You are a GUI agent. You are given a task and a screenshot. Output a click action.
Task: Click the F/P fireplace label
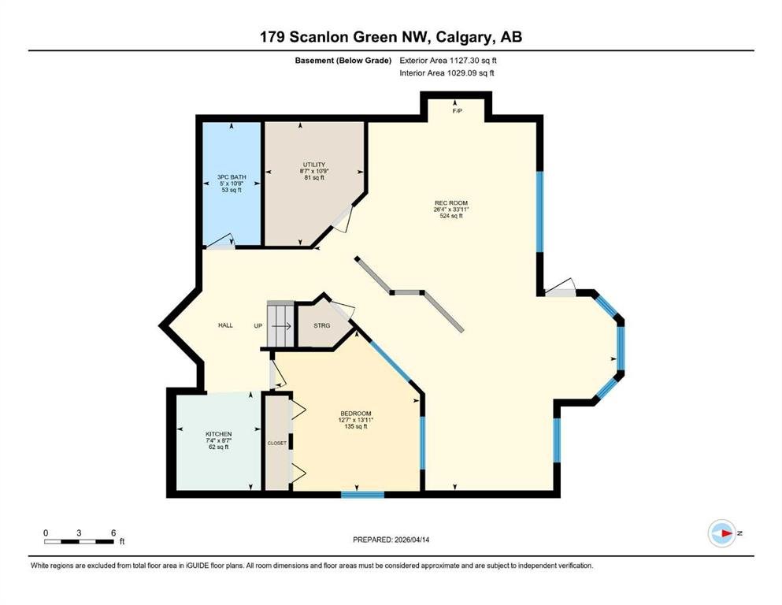457,111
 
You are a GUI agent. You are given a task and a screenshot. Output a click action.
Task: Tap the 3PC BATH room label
232,177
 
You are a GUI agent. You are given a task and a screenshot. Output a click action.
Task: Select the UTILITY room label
314,165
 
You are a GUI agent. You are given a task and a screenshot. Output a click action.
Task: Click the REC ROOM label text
450,203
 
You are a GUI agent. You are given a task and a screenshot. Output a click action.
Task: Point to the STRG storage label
321,325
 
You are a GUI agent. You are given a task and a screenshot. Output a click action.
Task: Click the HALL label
225,325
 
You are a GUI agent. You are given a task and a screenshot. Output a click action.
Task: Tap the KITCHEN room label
218,434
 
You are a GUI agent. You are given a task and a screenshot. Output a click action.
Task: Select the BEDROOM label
356,414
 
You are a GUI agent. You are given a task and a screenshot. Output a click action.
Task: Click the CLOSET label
276,443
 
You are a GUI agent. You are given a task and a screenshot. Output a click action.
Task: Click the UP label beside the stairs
258,325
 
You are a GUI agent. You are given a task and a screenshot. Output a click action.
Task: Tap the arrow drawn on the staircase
281,325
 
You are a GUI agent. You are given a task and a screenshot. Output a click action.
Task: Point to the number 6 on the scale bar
113,533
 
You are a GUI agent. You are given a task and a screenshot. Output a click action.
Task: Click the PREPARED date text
391,540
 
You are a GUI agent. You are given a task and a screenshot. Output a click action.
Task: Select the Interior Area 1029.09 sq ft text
447,72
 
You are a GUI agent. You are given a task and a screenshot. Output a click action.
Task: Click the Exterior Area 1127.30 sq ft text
448,61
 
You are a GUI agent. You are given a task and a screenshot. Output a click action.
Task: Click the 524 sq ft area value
450,216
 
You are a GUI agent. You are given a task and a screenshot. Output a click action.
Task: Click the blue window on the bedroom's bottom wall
362,494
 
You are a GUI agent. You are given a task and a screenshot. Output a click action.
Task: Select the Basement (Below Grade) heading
343,61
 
